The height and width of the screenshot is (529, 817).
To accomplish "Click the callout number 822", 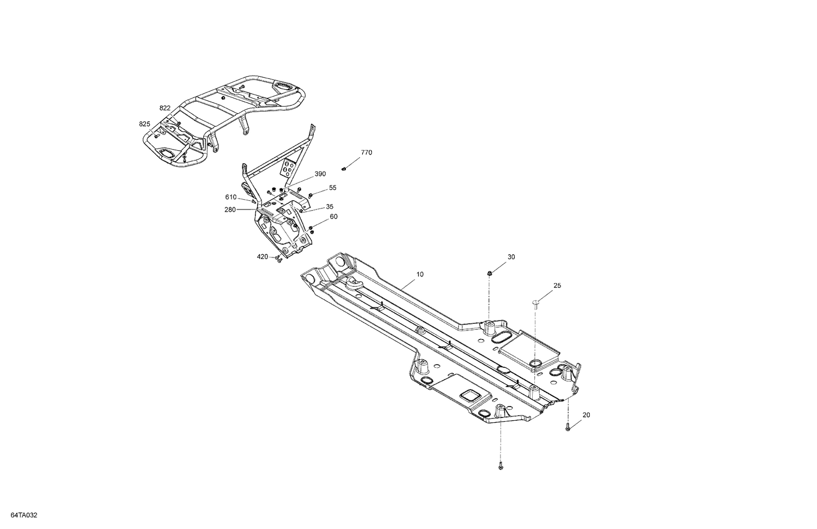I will click(165, 108).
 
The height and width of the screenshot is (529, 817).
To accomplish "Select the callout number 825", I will click(144, 124).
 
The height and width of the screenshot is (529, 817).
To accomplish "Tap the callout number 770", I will click(367, 153).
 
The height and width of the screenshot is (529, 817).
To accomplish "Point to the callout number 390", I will click(320, 174).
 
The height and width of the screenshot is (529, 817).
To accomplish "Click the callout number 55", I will click(333, 188).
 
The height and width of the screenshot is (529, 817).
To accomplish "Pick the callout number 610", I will click(231, 197).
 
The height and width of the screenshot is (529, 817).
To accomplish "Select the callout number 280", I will click(230, 210).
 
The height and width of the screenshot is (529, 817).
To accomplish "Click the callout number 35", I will click(330, 207).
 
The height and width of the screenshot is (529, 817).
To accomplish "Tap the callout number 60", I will click(334, 217).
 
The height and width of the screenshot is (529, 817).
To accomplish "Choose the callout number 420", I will click(263, 257).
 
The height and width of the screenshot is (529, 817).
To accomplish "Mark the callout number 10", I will click(419, 274).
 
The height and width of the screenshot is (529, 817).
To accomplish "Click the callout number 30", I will click(511, 257).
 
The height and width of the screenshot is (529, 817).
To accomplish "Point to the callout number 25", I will click(557, 286).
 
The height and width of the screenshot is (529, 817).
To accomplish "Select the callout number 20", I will click(586, 415).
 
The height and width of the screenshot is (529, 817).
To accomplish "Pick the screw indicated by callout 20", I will click(568, 427).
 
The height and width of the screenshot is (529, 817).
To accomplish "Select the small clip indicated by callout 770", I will click(345, 169).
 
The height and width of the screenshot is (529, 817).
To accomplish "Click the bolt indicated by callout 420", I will click(278, 260).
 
